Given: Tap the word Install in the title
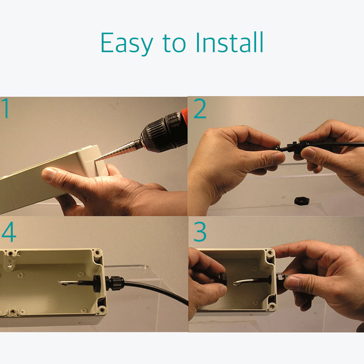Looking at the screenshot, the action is pyautogui.click(x=230, y=42).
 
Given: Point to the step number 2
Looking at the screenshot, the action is pyautogui.click(x=200, y=108).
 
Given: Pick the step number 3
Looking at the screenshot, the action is pyautogui.click(x=200, y=232).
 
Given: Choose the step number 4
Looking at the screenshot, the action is pyautogui.click(x=9, y=232).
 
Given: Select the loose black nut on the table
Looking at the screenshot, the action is pyautogui.click(x=302, y=201).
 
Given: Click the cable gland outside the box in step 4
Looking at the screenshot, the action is pyautogui.click(x=114, y=283).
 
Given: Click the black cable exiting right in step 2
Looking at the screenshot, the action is pyautogui.click(x=336, y=144).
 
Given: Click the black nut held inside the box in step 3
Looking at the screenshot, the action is pyautogui.click(x=223, y=280).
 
